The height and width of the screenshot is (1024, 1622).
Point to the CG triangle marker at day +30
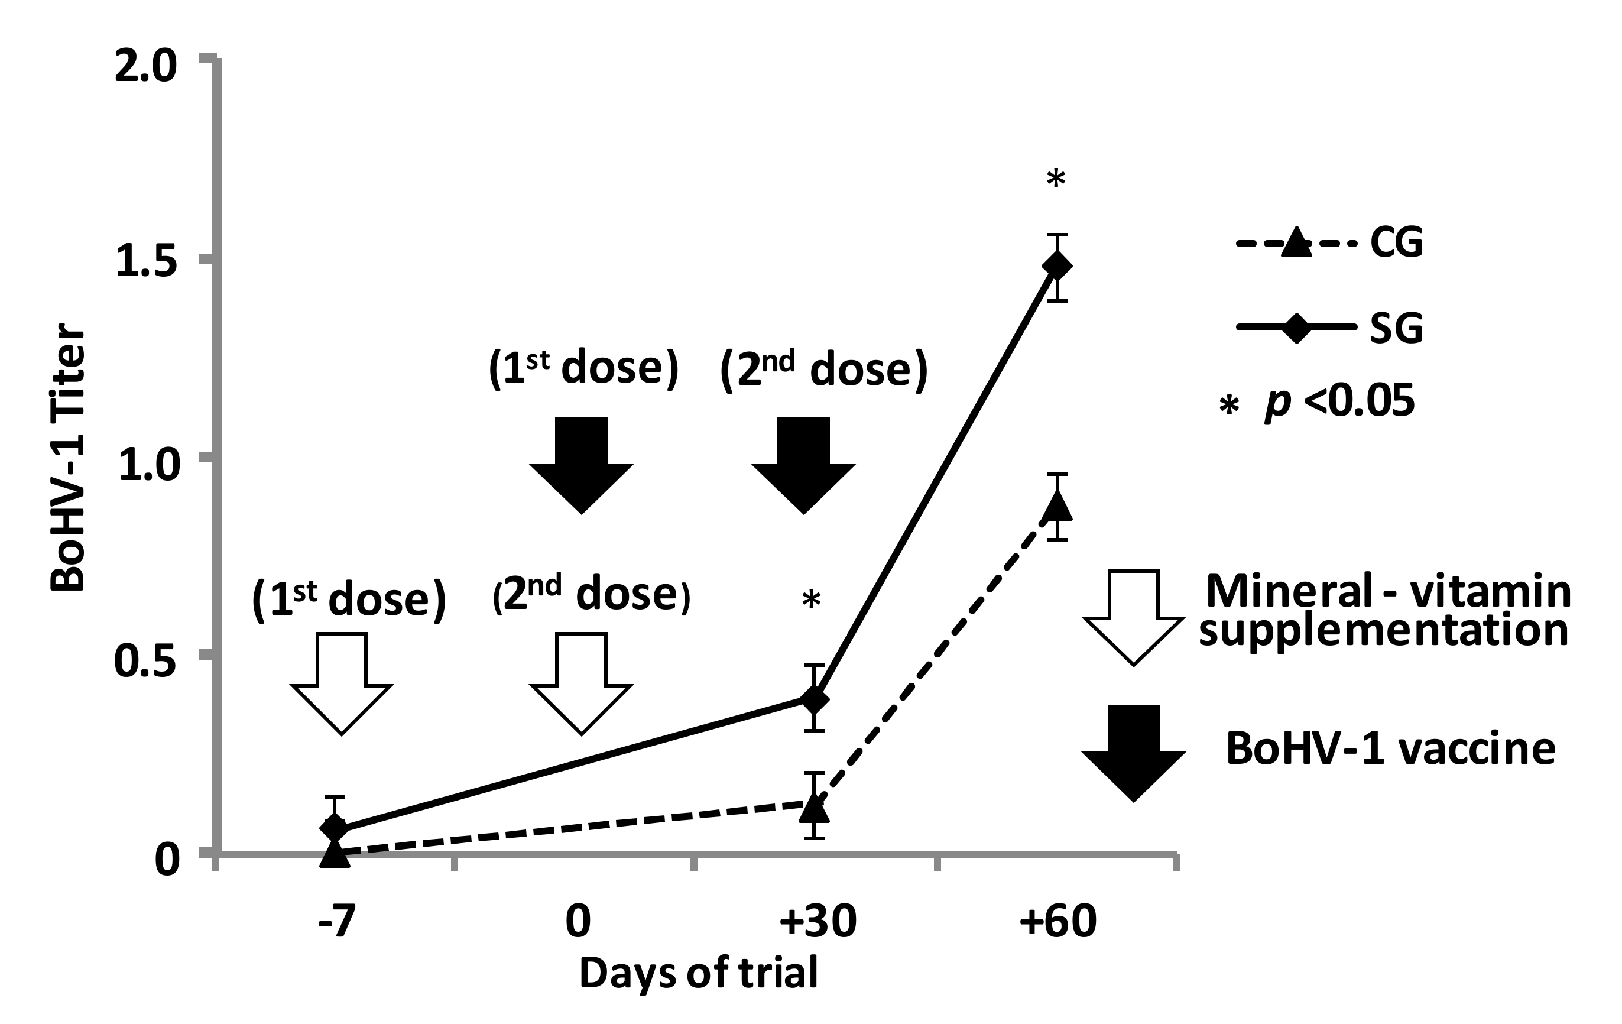pyautogui.click(x=815, y=807)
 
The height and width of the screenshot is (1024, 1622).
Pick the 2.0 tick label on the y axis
pyautogui.click(x=145, y=68)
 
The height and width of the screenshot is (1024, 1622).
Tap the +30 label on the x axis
pyautogui.click(x=817, y=922)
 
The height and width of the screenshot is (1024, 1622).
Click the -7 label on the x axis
pyautogui.click(x=336, y=922)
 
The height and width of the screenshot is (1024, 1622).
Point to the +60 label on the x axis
pyautogui.click(x=1057, y=922)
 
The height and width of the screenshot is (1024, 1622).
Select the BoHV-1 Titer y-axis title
pyautogui.click(x=69, y=458)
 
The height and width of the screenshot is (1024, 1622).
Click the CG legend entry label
pyautogui.click(x=1396, y=243)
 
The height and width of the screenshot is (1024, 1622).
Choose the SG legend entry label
pyautogui.click(x=1396, y=329)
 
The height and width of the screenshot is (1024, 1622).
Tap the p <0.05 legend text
pyautogui.click(x=1339, y=403)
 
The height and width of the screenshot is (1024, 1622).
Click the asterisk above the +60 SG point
pyautogui.click(x=1056, y=180)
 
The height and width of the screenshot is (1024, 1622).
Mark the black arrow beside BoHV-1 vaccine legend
pyautogui.click(x=1133, y=752)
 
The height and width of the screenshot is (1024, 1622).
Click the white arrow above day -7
pyautogui.click(x=342, y=682)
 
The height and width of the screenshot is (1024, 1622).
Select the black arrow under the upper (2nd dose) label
pyautogui.click(x=803, y=464)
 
